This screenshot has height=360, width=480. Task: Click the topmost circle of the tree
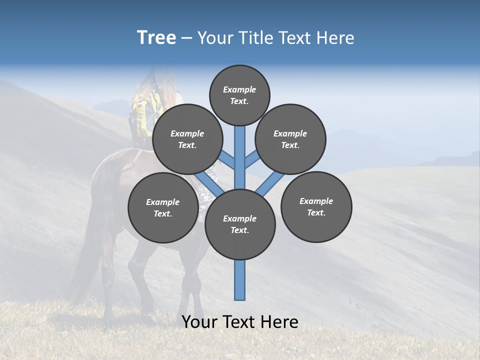(239, 95)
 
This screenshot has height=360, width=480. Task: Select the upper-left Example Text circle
(187, 139)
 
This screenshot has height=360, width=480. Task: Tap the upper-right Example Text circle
(290, 139)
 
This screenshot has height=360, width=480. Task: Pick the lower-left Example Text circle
(162, 207)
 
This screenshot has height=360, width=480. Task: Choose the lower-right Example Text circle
(316, 206)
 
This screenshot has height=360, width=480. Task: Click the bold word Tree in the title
(156, 37)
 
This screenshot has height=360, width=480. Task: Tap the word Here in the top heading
(335, 38)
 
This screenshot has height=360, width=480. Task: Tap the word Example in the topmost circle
(239, 89)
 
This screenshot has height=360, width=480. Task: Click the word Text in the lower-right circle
(316, 212)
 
